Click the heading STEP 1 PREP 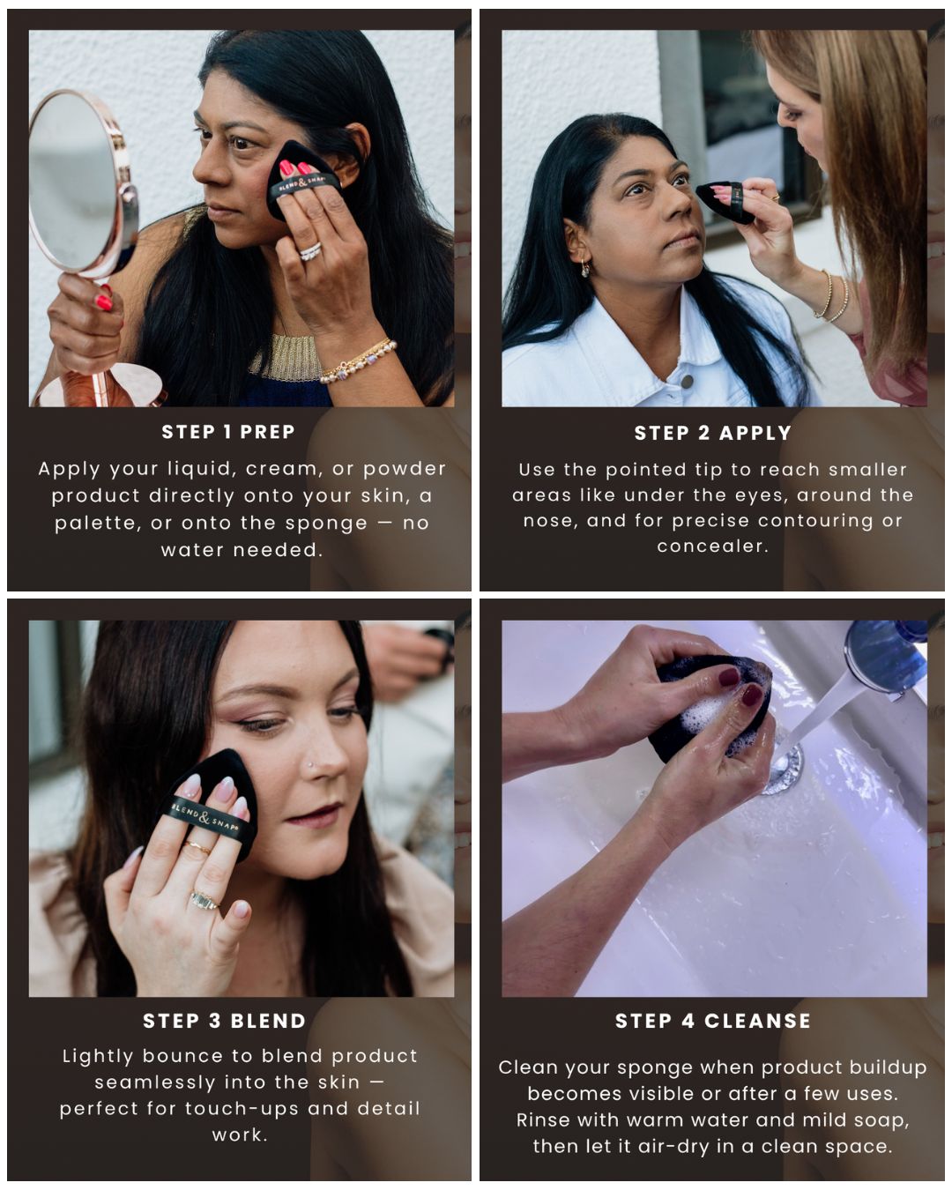point(227,432)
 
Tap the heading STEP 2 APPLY point(712,433)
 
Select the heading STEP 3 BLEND point(224,1021)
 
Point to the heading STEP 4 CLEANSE point(712,1021)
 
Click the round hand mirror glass point(75,181)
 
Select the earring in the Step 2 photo point(585,268)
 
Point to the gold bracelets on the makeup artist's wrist point(833,297)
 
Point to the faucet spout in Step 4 point(881,657)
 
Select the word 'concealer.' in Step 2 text point(712,546)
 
